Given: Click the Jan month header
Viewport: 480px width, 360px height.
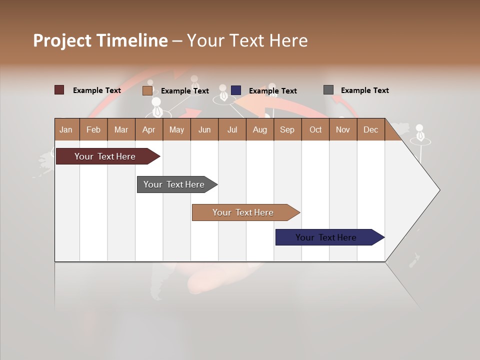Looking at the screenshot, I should (x=66, y=129).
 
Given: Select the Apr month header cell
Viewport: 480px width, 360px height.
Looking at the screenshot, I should (x=149, y=129).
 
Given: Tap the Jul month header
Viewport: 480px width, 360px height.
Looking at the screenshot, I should (x=232, y=129).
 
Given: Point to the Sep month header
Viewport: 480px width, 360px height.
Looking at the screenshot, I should (x=287, y=129).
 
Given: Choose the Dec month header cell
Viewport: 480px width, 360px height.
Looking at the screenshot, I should (x=370, y=129).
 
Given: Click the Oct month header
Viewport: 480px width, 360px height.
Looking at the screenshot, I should (x=315, y=129).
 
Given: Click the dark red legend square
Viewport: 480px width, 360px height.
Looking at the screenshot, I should (x=59, y=90).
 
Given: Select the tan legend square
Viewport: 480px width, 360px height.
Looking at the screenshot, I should (x=147, y=90).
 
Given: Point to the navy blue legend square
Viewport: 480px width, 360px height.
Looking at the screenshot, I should (x=236, y=90).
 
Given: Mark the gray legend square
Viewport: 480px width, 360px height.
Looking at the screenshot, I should (x=328, y=90).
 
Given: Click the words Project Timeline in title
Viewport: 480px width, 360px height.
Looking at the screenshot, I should (x=100, y=40).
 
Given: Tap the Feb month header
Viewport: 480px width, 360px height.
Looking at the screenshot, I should (x=93, y=129).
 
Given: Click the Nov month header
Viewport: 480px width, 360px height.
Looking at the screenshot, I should (x=343, y=129).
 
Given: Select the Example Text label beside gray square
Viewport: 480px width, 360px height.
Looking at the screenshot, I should (x=364, y=90).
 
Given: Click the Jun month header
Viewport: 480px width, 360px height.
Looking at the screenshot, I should (x=204, y=129).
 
